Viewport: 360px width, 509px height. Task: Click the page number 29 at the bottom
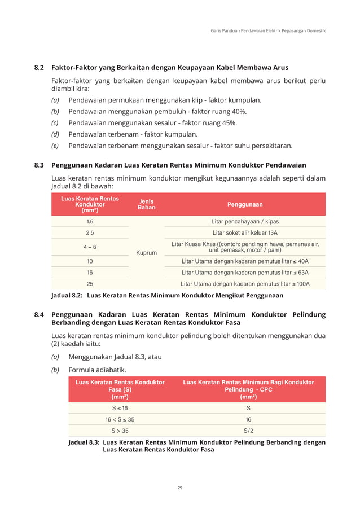coord(179,487)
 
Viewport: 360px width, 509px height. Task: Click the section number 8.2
coord(39,68)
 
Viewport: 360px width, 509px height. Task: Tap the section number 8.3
coord(39,165)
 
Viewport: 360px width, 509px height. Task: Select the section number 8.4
coord(39,314)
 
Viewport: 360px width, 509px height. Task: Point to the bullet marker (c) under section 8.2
coord(55,123)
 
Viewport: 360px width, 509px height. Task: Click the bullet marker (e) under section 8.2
coord(55,146)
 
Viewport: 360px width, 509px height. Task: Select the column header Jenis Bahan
coord(146,204)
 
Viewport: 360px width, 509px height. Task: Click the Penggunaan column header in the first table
coord(245,204)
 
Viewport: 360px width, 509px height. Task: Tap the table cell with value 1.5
coord(90,221)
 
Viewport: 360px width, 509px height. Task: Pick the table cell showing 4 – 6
coord(90,247)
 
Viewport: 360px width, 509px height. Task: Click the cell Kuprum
coord(146,253)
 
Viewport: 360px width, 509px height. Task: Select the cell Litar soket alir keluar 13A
coord(245,232)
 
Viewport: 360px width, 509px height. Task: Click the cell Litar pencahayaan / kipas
coord(245,221)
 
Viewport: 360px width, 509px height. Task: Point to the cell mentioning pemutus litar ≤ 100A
coord(245,283)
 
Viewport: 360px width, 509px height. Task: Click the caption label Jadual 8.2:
coord(67,295)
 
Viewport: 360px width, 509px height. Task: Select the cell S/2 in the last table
coord(248,431)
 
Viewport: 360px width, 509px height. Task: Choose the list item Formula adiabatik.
coord(97,370)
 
